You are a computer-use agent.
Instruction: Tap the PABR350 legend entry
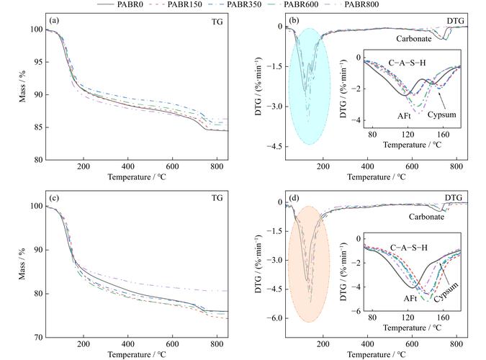click(x=266, y=5)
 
